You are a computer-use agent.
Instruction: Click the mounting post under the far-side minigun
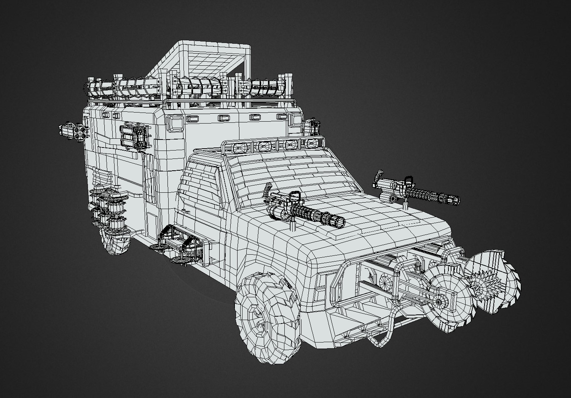pyautogui.click(x=406, y=206)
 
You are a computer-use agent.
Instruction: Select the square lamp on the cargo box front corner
pyautogui.click(x=177, y=123)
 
